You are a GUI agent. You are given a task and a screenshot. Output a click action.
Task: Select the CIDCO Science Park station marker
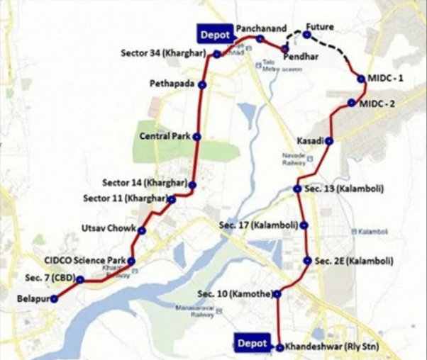(131, 261)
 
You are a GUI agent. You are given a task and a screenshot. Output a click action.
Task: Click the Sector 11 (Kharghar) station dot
(172, 199)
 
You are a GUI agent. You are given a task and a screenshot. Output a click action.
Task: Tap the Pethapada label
(172, 84)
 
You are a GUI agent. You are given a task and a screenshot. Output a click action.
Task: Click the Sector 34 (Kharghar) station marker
(217, 54)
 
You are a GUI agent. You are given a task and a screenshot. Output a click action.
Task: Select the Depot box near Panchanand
(214, 33)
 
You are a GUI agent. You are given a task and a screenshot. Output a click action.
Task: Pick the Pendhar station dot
(285, 47)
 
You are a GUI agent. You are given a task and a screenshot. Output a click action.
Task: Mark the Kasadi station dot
(329, 141)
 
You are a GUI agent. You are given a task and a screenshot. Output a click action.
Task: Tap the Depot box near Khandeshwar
(252, 344)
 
